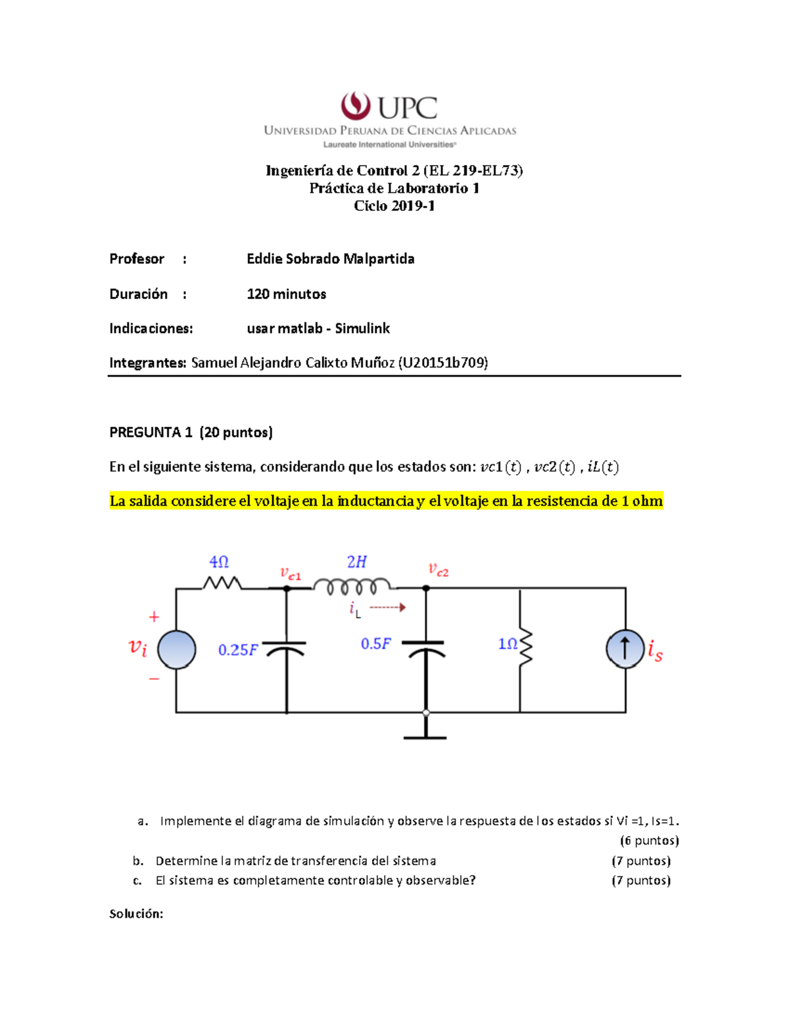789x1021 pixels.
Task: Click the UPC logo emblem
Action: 355,106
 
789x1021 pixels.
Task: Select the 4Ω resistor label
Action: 219,562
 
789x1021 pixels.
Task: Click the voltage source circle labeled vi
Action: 176,650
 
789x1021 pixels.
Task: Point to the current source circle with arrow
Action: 625,649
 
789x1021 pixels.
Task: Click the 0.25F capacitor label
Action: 238,650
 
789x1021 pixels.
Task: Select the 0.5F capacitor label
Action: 375,644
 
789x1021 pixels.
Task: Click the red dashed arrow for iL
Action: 388,607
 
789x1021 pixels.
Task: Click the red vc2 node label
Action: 438,569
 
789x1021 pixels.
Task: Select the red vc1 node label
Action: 290,574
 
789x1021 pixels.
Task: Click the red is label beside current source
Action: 655,650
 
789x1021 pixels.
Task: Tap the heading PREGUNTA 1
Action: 151,432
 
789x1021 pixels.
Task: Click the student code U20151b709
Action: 443,362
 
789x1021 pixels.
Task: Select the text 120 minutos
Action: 286,294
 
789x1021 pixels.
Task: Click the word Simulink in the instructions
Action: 362,328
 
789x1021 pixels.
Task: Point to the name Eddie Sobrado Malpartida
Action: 330,258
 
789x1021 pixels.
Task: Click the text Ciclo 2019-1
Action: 394,206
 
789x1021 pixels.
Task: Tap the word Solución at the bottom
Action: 136,913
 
